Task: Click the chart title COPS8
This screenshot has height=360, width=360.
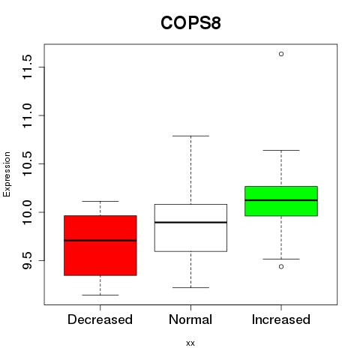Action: [190, 23]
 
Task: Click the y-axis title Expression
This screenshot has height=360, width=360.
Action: [7, 174]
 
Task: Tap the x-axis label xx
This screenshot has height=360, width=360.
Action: [190, 343]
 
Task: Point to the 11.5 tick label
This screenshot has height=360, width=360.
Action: [27, 67]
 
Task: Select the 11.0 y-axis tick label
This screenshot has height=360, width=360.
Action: [27, 115]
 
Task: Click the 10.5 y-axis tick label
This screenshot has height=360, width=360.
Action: [27, 163]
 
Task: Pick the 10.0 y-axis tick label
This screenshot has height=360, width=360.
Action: [27, 212]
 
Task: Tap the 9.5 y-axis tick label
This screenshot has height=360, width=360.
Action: [27, 260]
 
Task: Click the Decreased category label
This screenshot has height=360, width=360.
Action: [100, 319]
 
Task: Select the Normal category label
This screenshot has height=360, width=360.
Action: [190, 319]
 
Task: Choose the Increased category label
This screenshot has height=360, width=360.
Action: [281, 319]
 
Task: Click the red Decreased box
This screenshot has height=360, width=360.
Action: [100, 245]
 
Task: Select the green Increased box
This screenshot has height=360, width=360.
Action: [281, 201]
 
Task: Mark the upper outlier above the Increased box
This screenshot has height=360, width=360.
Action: [281, 54]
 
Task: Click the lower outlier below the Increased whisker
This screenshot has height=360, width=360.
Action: [281, 267]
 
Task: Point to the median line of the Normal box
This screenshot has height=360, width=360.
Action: [190, 222]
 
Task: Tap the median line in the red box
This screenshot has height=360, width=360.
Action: [100, 241]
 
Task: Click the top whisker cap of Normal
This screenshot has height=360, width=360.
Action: [190, 136]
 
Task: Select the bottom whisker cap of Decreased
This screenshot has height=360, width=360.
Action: [100, 295]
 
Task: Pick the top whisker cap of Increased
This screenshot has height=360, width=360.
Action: [281, 150]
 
